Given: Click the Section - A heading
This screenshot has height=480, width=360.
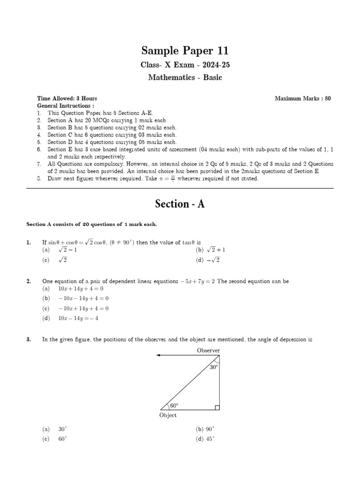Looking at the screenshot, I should pyautogui.click(x=180, y=204).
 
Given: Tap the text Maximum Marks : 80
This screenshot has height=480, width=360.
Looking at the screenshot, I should pyautogui.click(x=303, y=98).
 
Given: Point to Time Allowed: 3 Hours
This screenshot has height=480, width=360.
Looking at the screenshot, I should pyautogui.click(x=67, y=98).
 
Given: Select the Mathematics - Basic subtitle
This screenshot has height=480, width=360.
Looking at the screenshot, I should pyautogui.click(x=185, y=77).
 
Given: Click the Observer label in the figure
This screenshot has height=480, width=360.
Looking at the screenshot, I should pyautogui.click(x=208, y=350).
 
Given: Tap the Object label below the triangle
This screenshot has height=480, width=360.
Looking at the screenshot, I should pyautogui.click(x=168, y=415).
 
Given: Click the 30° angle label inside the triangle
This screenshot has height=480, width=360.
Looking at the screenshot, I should pyautogui.click(x=214, y=368).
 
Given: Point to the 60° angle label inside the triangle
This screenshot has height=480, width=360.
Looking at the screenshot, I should pyautogui.click(x=174, y=405).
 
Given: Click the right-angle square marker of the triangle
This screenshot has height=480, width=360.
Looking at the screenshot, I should pyautogui.click(x=217, y=408).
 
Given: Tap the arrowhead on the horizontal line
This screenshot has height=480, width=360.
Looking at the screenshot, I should pyautogui.click(x=159, y=355).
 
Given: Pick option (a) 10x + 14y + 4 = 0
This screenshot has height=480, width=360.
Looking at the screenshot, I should pyautogui.click(x=75, y=289).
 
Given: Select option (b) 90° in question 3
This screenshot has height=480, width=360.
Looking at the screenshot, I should pyautogui.click(x=205, y=429).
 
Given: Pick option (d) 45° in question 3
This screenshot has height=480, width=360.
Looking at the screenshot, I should pyautogui.click(x=205, y=439).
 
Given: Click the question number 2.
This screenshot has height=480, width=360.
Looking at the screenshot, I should pyautogui.click(x=29, y=281).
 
